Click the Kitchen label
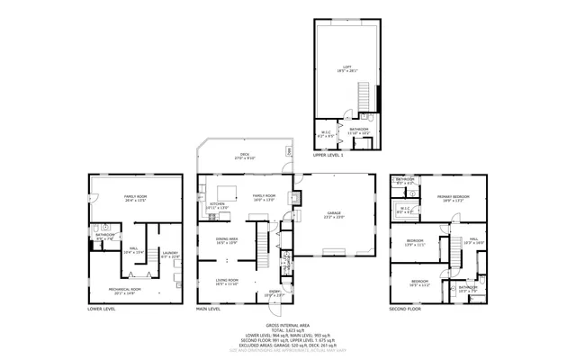coord(218,205)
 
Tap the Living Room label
coord(226,282)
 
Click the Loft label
coord(346,67)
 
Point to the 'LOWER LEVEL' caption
coord(101,309)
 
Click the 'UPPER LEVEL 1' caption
coord(328,156)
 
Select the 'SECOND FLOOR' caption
coord(406,309)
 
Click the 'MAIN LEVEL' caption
coord(209,309)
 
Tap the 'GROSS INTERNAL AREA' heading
coord(287,325)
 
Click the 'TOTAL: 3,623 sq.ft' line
coord(287,330)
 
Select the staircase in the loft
coord(364,94)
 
